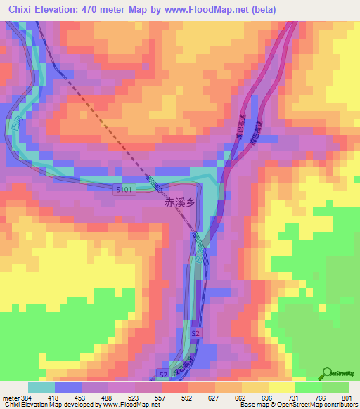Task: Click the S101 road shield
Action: coord(124,190)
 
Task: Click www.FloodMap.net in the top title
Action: coord(209,10)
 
